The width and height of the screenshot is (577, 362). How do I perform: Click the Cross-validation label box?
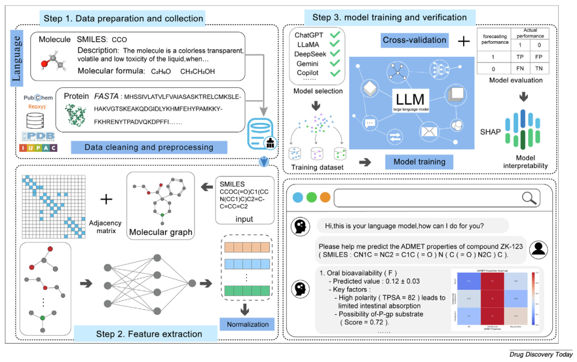414,40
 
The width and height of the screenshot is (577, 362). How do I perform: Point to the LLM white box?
410,100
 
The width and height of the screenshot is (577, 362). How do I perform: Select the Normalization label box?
247,324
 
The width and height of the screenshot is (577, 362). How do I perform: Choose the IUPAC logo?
38,147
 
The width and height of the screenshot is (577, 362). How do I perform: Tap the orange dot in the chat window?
324,198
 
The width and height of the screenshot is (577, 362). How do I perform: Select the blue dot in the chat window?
298,198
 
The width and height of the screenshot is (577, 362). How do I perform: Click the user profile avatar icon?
540,248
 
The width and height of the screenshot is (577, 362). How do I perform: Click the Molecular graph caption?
161,233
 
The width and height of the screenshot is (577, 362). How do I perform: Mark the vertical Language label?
16,58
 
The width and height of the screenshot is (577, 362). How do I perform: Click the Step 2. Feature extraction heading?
149,334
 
